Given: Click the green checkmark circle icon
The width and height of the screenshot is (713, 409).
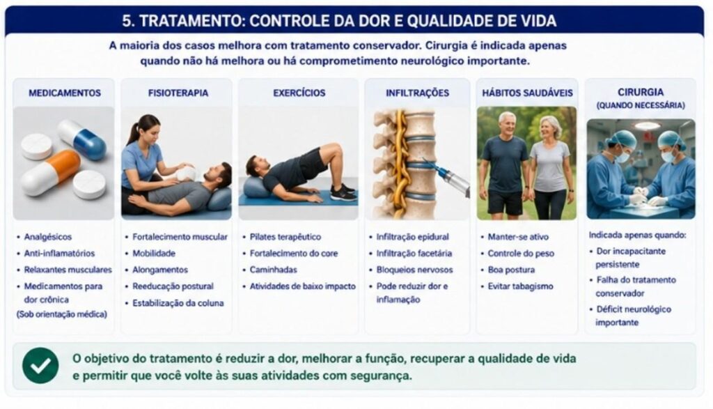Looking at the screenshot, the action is [40, 365].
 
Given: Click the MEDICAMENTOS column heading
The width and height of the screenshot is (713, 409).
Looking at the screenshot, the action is [65, 93].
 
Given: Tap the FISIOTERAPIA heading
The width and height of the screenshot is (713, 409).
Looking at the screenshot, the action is [178, 93].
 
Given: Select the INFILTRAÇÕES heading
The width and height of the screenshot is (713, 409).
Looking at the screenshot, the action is [418, 93].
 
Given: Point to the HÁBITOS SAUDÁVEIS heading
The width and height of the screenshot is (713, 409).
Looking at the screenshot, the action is [528, 93].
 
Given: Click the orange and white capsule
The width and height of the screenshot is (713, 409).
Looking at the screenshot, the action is [50, 173].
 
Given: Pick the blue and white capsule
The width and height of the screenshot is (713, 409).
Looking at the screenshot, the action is [82, 139].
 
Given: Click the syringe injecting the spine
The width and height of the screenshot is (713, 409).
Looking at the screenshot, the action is [447, 177].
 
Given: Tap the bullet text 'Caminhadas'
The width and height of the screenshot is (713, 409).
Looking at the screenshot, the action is [273, 270].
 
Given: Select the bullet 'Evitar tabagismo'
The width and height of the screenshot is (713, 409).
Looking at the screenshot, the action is [521, 286].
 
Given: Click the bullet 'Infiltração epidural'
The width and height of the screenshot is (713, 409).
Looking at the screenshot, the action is [412, 237].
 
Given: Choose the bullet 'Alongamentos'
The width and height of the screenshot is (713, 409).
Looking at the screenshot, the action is [160, 270].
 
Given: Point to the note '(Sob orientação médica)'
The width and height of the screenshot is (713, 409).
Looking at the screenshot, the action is [62, 314].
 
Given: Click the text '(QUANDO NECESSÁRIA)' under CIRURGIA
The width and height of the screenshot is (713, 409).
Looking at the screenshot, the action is [641, 105].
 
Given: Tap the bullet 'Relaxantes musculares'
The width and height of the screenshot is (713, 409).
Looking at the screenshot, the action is [68, 270].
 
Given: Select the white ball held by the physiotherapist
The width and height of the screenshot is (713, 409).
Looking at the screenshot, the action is [187, 172].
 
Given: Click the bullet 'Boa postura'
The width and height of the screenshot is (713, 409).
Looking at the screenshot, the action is [511, 270].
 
